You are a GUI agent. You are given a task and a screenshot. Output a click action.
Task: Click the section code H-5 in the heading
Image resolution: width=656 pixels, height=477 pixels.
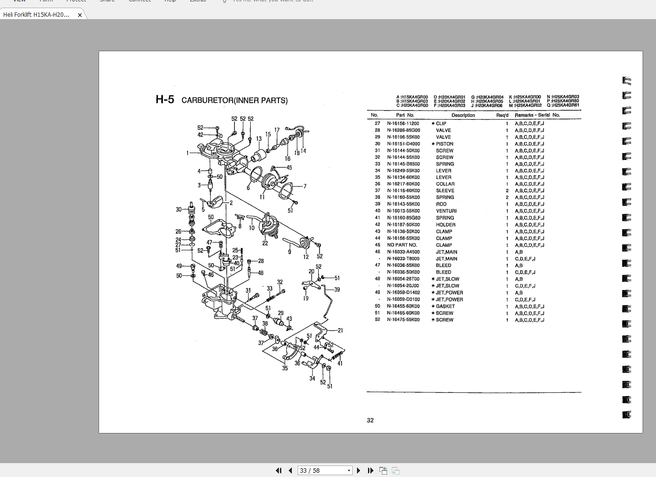(x=165, y=100)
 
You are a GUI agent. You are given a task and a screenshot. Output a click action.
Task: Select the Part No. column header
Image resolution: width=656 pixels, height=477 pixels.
(x=405, y=115)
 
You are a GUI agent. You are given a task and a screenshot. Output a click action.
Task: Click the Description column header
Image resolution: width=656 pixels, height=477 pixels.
(x=463, y=115)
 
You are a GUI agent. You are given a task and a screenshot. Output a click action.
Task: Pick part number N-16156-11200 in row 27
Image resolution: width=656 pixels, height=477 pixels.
(x=403, y=123)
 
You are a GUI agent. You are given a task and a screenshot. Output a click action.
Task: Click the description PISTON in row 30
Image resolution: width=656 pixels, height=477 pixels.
(x=445, y=144)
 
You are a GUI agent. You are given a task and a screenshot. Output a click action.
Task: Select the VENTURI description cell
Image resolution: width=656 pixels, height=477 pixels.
(x=446, y=211)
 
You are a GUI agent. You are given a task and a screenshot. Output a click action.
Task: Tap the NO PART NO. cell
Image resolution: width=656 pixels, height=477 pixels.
(x=402, y=245)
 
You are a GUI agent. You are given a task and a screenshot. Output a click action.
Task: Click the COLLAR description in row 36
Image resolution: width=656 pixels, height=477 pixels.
(x=445, y=184)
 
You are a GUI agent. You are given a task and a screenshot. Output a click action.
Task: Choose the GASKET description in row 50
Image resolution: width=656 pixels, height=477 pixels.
(x=445, y=307)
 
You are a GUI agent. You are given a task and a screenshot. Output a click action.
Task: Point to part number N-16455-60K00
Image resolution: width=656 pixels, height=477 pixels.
(x=403, y=307)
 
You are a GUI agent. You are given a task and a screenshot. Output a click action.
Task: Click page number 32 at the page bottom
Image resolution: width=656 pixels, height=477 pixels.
(x=370, y=421)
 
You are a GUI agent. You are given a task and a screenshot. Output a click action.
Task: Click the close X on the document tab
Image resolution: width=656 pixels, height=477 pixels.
(x=80, y=15)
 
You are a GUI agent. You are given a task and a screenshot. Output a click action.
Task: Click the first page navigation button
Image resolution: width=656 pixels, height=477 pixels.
(x=278, y=471)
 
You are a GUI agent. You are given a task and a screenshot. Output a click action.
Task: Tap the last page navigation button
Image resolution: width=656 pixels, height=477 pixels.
(x=370, y=471)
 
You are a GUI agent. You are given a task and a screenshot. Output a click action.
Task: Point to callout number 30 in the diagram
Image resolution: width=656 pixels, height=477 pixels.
(x=178, y=210)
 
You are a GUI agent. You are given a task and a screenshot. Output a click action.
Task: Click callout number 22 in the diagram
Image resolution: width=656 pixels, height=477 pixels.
(x=265, y=243)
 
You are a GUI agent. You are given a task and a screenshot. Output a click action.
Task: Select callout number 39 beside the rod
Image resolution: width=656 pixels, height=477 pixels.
(x=337, y=289)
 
